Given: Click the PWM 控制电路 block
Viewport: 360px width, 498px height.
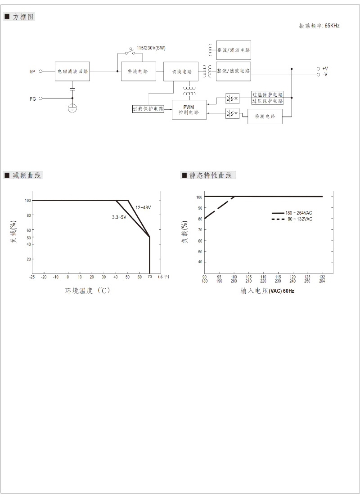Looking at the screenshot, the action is point(189,110).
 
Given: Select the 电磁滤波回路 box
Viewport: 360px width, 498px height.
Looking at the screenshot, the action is point(72,71).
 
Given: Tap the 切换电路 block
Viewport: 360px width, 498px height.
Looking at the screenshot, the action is point(181,72).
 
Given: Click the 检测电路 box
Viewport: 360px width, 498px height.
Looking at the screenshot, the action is point(265,116).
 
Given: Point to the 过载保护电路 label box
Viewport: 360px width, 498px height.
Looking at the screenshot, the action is point(148,109).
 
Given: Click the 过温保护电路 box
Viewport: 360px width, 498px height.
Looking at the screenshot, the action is point(268,94).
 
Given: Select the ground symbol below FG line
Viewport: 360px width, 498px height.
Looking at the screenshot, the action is point(72,108).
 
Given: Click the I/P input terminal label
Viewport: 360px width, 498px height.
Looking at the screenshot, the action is point(32,72).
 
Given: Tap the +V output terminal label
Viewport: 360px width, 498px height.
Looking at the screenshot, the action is point(325,68).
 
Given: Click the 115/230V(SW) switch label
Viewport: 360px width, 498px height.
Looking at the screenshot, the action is point(151,48).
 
